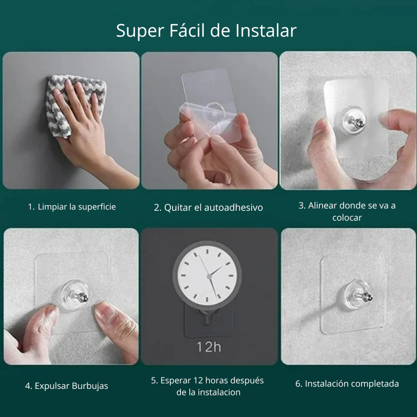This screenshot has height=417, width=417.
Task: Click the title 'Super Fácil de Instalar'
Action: (206, 31)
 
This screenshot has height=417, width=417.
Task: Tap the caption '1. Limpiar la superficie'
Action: (72, 207)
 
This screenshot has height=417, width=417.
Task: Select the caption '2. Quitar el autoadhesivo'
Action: (208, 207)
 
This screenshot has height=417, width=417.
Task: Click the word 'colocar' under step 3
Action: (347, 218)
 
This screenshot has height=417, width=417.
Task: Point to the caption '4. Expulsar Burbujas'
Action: (66, 386)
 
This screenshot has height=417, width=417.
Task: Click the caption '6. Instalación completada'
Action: (347, 384)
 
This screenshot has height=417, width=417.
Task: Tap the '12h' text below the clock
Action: (209, 347)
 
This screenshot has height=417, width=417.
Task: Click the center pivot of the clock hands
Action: (209, 277)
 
